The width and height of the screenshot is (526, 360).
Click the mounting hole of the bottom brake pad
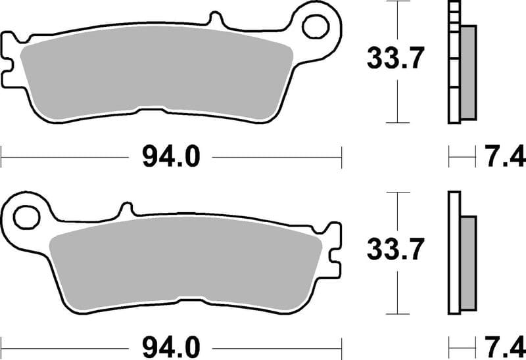point(26,215)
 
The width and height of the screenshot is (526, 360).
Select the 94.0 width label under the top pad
point(170,157)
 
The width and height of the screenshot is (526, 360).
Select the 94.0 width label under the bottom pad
point(170,345)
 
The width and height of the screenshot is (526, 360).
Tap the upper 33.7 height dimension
point(393,60)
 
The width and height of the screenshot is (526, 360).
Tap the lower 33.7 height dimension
point(393,249)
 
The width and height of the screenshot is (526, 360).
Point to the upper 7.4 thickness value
point(506,157)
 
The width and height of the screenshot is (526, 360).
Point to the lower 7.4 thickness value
point(506,345)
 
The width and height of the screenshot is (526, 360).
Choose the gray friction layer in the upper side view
point(467,72)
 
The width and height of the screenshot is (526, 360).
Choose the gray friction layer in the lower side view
point(467,263)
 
